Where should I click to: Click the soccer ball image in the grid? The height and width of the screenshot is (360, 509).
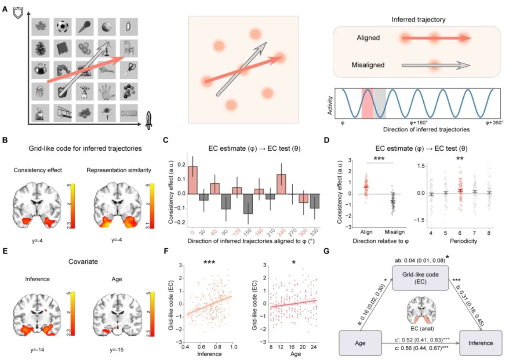tap(62, 26)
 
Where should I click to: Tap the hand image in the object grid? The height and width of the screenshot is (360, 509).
tap(106, 91)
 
